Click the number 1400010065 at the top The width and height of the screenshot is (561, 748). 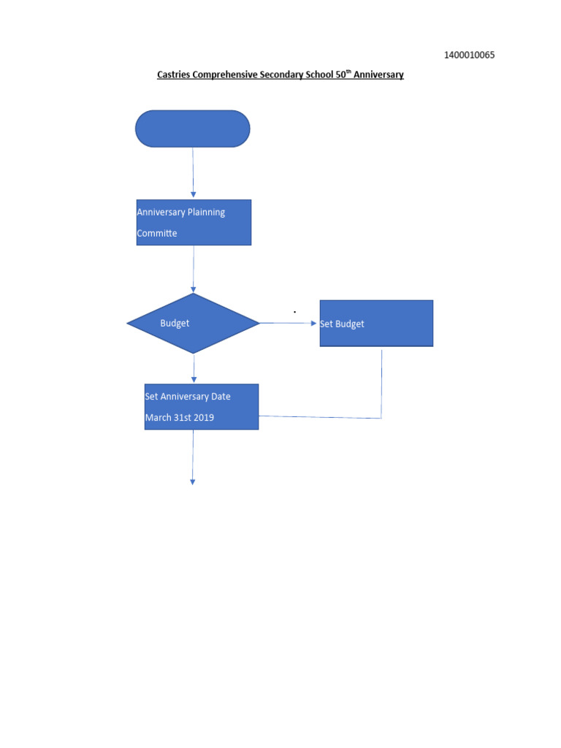tap(470, 56)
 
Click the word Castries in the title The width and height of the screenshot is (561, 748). tap(173, 75)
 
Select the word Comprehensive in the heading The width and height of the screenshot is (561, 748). tap(225, 75)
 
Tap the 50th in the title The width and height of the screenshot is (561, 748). tap(343, 74)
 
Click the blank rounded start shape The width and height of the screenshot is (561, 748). tap(193, 129)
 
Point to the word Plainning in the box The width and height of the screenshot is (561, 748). tap(206, 213)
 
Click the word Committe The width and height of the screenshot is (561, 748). tap(157, 234)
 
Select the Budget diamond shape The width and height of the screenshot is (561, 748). tap(194, 323)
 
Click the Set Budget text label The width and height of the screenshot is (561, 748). tap(342, 324)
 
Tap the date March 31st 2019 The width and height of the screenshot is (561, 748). tap(179, 418)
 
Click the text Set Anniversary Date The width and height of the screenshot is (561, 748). tap(188, 397)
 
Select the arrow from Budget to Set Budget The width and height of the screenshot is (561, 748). tap(289, 323)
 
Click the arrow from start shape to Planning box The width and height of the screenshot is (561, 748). tap(193, 173)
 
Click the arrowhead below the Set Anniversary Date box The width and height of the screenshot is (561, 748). tap(193, 481)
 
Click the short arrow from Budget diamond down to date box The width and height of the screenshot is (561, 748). tap(194, 369)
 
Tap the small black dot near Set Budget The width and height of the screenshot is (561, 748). tap(295, 312)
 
